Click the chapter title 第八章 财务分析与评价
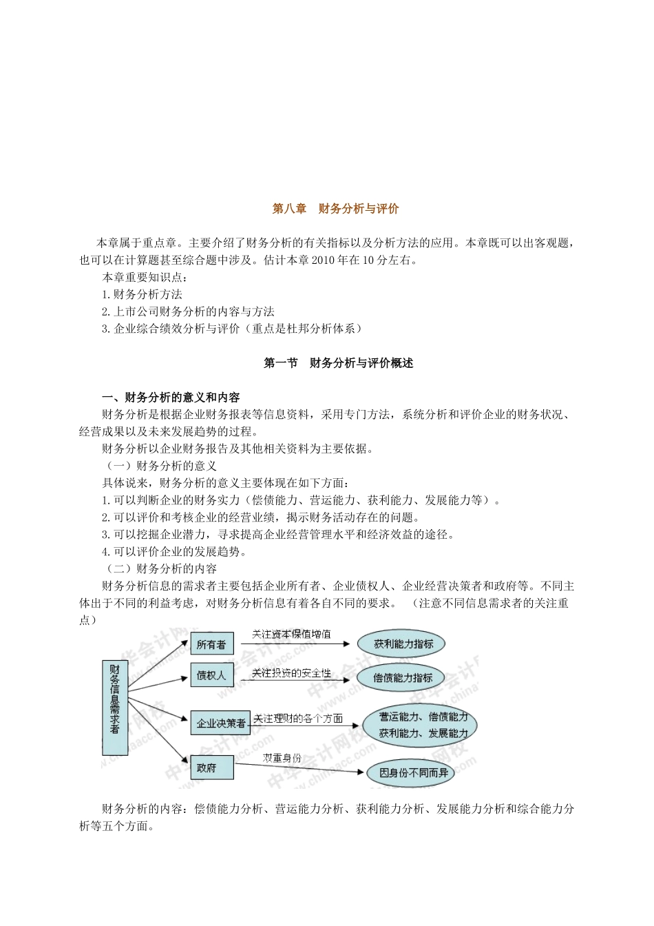point(335,209)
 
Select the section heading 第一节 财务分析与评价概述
point(338,363)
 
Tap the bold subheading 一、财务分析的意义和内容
point(171,398)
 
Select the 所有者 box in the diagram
point(211,644)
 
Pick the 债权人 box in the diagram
point(211,676)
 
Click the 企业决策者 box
point(221,723)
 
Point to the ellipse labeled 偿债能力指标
point(402,677)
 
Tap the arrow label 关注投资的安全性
point(291,672)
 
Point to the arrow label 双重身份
point(282,757)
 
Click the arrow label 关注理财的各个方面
point(297,718)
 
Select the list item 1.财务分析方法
point(142,294)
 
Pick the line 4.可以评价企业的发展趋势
point(174,551)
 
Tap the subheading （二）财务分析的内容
point(161,568)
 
